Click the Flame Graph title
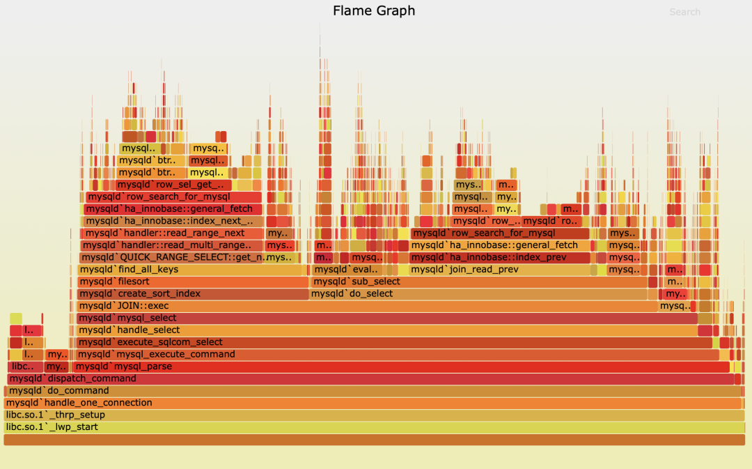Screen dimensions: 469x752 tap(374, 11)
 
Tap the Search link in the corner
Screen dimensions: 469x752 tap(684, 12)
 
